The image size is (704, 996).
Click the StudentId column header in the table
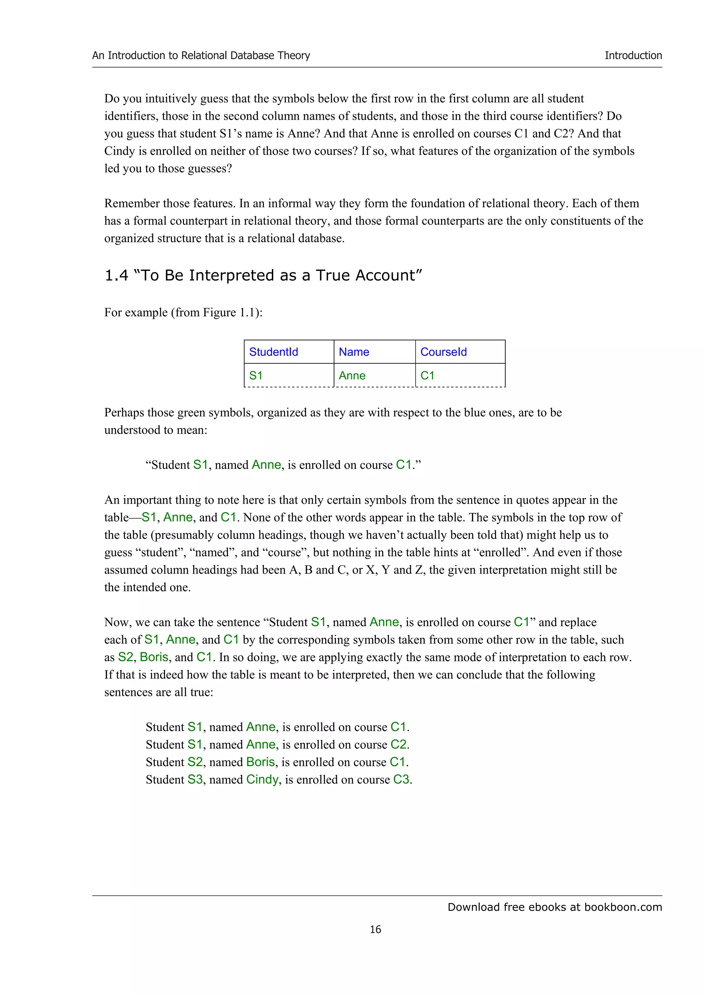[x=273, y=352]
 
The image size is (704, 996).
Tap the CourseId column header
[x=443, y=352]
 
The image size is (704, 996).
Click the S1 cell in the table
[x=256, y=375]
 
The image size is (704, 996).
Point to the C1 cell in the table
[x=427, y=375]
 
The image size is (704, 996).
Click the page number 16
[x=375, y=929]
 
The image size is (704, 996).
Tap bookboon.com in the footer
[x=623, y=907]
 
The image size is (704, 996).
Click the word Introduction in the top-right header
[x=633, y=56]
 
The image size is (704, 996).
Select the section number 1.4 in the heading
[x=116, y=275]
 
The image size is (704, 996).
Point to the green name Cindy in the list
[x=262, y=779]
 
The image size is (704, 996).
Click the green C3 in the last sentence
[x=401, y=779]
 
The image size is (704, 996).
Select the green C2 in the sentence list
[x=399, y=744]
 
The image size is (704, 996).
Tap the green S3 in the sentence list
[x=195, y=779]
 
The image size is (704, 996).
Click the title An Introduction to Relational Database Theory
[x=201, y=56]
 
